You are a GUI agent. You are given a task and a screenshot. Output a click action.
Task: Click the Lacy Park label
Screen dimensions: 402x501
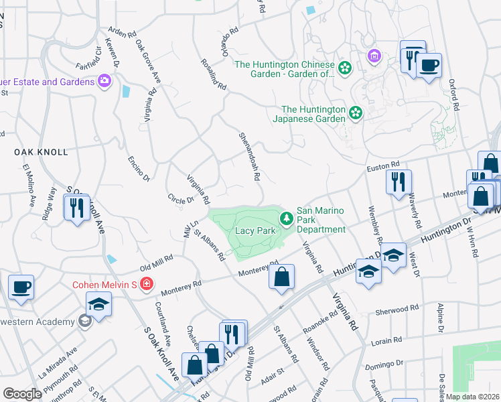pos(255,230)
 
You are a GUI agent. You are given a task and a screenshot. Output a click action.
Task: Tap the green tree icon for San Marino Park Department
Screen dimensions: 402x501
pos(287,218)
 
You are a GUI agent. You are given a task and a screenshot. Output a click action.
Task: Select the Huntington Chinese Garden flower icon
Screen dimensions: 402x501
pos(345,68)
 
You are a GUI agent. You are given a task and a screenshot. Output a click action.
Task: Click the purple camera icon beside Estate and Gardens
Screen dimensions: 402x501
pos(104,82)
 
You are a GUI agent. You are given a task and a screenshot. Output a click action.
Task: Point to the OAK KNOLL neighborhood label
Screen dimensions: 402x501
pos(42,152)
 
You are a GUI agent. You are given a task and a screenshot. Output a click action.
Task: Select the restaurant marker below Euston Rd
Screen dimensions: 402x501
pos(399,182)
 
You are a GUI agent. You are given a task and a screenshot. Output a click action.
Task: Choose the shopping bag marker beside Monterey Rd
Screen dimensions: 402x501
pos(282,277)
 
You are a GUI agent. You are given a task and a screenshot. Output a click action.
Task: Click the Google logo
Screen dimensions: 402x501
pos(22,393)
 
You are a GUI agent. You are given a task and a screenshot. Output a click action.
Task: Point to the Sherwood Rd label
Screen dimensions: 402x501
pos(399,309)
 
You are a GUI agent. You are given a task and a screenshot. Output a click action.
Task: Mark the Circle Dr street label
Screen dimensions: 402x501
pos(180,199)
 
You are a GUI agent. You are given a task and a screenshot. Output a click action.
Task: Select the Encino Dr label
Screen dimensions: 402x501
pos(138,165)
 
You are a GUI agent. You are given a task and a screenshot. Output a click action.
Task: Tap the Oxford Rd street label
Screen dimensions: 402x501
pos(454,95)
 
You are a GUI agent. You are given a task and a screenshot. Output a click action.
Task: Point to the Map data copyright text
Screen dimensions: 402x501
pos(473,396)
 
